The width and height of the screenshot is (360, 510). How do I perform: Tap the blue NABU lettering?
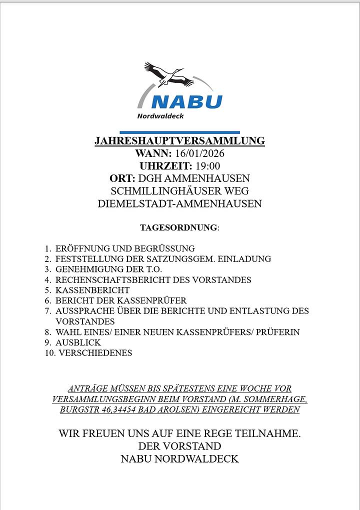pyautogui.click(x=186, y=101)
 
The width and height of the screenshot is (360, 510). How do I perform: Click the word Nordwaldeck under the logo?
pyautogui.click(x=160, y=116)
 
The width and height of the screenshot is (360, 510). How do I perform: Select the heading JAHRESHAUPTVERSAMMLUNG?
pyautogui.click(x=179, y=141)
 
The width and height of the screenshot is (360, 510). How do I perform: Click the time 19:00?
pyautogui.click(x=206, y=166)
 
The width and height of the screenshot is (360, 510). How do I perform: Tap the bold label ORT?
pyautogui.click(x=122, y=178)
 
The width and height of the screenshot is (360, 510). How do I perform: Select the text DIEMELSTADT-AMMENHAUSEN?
pyautogui.click(x=179, y=203)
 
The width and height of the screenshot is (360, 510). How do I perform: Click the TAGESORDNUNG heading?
pyautogui.click(x=178, y=227)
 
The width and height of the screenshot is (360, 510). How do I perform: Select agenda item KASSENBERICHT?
pyautogui.click(x=92, y=290)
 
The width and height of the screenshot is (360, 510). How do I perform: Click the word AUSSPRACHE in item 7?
pyautogui.click(x=83, y=311)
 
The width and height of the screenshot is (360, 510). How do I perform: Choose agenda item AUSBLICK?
pyautogui.click(x=78, y=342)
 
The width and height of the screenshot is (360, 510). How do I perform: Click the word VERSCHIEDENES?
pyautogui.click(x=95, y=353)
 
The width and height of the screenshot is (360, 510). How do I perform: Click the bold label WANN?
pyautogui.click(x=153, y=153)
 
